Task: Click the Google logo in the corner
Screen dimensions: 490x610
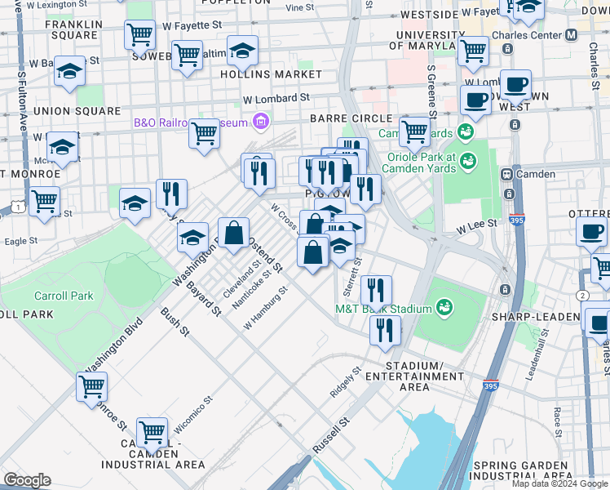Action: pos(26,480)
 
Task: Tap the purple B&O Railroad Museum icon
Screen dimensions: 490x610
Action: pos(261,122)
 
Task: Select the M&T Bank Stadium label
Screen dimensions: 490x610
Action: pos(383,309)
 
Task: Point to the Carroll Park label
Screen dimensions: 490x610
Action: pos(64,296)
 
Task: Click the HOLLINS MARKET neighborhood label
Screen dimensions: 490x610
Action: pos(271,74)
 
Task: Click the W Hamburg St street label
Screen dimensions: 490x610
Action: pos(266,308)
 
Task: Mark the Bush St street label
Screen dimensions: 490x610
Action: pos(175,322)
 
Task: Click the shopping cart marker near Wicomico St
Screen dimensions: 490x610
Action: pos(152,431)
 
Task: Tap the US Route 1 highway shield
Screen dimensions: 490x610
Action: pos(16,207)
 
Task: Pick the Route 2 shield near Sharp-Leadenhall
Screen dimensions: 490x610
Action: pos(582,295)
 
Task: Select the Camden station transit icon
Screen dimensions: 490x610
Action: pos(506,174)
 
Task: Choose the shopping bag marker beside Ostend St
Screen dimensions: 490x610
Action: pos(233,232)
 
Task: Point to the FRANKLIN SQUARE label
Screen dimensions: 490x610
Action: pos(74,30)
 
